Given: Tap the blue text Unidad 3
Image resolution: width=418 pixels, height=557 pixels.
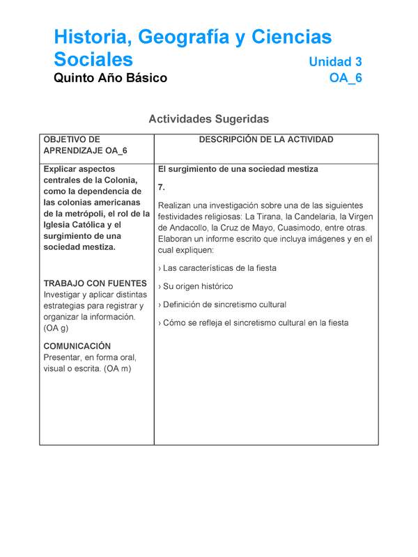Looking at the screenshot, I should pyautogui.click(x=335, y=62).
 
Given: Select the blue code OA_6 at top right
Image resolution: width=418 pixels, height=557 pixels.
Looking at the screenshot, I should pyautogui.click(x=346, y=78).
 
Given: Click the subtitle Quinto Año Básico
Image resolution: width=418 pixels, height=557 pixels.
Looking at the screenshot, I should pyautogui.click(x=110, y=78).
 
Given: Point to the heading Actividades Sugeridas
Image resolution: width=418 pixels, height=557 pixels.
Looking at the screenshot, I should pyautogui.click(x=208, y=119).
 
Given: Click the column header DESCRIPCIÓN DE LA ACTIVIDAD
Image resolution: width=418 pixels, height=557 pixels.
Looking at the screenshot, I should pyautogui.click(x=266, y=140).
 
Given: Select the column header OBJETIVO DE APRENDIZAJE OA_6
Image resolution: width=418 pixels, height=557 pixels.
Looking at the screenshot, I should pyautogui.click(x=84, y=145).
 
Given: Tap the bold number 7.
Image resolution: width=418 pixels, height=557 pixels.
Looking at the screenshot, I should pyautogui.click(x=162, y=187).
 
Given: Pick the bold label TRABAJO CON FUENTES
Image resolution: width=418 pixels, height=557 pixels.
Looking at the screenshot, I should pyautogui.click(x=95, y=283).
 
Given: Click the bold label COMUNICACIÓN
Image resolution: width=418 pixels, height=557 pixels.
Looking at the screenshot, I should pyautogui.click(x=77, y=346).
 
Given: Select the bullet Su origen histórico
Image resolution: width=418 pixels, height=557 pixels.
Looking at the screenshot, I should pyautogui.click(x=198, y=286).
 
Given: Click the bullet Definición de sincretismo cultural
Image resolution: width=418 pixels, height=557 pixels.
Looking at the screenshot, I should pyautogui.click(x=224, y=305).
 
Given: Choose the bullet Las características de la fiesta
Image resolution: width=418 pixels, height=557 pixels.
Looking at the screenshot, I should pyautogui.click(x=219, y=268).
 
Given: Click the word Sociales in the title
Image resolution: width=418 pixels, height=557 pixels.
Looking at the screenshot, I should pyautogui.click(x=93, y=58).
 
